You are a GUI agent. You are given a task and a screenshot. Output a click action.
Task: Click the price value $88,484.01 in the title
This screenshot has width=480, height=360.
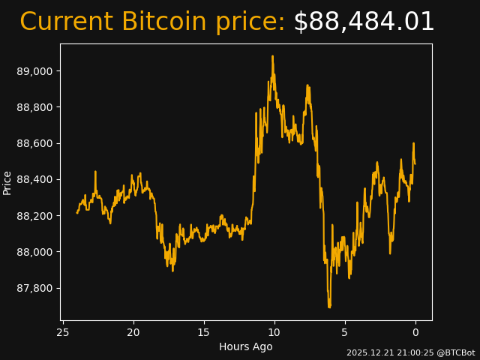pos(364,22)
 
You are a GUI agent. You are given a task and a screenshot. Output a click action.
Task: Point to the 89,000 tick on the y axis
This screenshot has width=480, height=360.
pos(35,71)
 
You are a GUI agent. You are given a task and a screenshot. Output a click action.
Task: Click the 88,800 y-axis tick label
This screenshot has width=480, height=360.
pos(35,107)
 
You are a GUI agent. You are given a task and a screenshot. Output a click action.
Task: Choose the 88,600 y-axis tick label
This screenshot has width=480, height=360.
pos(35,143)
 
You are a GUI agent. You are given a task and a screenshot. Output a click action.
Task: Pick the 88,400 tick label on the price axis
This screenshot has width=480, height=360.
pos(35,179)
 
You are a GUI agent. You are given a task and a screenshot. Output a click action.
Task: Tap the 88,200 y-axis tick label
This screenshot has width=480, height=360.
pos(35,216)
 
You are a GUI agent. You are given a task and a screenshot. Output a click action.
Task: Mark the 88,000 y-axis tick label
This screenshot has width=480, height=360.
pos(35,252)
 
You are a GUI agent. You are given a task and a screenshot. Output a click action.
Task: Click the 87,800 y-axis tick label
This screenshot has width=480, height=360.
pos(35,288)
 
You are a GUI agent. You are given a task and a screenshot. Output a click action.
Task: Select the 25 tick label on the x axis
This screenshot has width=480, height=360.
pos(63,332)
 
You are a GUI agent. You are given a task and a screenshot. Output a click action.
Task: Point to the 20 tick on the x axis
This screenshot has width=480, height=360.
pos(133,332)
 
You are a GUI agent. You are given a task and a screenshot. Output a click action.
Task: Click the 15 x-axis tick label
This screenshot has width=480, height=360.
pos(204,332)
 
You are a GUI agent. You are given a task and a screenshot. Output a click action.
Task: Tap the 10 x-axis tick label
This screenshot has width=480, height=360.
pos(274,332)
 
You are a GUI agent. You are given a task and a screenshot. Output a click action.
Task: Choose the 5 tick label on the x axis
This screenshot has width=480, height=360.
pos(345,332)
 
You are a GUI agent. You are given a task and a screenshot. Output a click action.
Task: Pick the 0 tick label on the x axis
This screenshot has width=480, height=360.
pos(415,332)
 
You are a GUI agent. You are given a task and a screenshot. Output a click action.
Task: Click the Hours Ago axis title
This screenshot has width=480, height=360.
pos(246,346)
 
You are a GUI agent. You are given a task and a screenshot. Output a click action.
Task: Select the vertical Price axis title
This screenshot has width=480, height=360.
pos(7,182)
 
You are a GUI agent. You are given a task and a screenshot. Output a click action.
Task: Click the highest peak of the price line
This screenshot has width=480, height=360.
pos(272,56)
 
